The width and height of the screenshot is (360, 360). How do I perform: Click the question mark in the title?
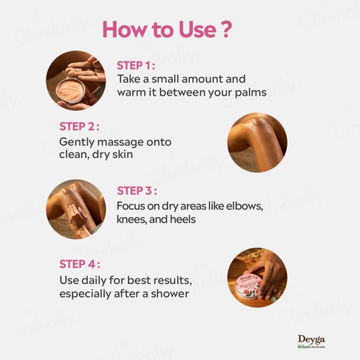point(226,30)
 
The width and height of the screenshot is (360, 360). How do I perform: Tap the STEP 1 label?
point(136,65)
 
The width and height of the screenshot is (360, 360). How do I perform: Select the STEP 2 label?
point(79,127)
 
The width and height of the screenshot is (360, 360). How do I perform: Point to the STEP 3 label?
point(137,191)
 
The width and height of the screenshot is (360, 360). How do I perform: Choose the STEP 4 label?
point(79,264)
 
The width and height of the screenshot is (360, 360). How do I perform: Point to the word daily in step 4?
point(94,280)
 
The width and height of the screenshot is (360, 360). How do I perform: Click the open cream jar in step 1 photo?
point(70,91)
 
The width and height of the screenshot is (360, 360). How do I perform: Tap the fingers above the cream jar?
point(85,69)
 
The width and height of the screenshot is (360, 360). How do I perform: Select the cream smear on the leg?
point(75,213)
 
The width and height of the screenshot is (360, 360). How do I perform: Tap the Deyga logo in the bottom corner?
point(311,342)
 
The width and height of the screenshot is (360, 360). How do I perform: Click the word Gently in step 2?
point(77,143)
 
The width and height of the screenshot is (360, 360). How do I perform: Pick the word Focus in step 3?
point(131,206)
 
